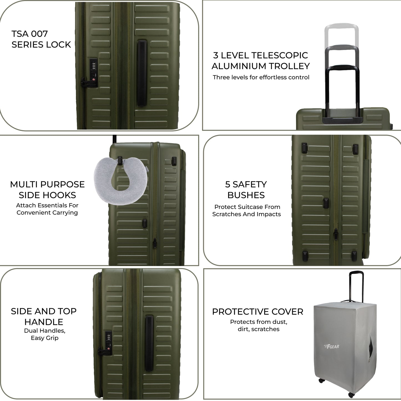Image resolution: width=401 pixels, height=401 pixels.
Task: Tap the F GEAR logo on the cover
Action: tap(332, 346)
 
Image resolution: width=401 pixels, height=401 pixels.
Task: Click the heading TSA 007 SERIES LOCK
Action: tap(41, 39)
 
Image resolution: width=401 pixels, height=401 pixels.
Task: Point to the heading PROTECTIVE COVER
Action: tap(258, 312)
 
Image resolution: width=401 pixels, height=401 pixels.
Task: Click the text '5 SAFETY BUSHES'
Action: tap(246, 190)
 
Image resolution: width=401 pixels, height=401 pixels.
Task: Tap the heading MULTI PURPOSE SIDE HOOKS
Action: tap(47, 190)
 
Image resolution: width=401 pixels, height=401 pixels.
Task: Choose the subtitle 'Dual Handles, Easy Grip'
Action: tap(45, 334)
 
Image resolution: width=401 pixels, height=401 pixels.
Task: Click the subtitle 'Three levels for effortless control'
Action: tap(261, 77)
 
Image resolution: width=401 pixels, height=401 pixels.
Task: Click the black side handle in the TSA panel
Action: tap(142, 73)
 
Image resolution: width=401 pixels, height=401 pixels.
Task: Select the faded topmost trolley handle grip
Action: tap(341, 26)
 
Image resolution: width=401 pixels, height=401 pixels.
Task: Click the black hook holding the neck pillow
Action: tap(120, 160)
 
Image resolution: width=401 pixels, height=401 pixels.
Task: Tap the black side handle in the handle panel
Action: tap(149, 343)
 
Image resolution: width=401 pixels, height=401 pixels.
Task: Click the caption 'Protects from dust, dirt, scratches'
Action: tap(258, 326)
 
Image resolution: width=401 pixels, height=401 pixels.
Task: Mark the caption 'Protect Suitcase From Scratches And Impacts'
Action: tap(246, 210)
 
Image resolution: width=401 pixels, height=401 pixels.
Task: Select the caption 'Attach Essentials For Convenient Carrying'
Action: tap(47, 209)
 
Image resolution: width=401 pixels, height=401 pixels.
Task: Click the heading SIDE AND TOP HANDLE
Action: tap(44, 316)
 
